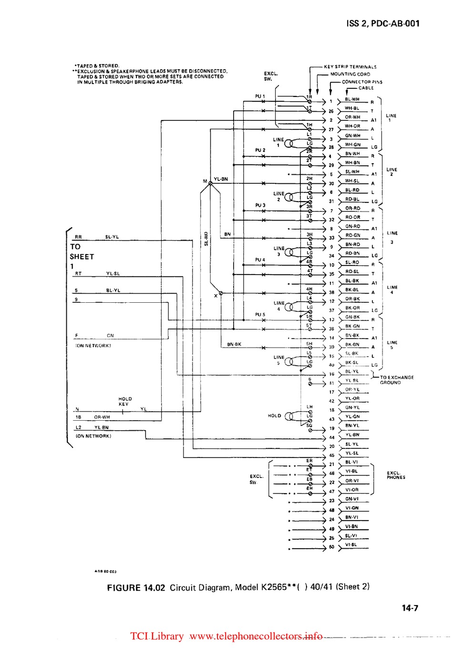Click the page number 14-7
(x=410, y=608)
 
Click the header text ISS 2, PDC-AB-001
(x=383, y=23)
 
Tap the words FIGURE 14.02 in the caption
(x=136, y=587)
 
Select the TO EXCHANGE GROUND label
(x=397, y=380)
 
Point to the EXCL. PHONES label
(x=396, y=475)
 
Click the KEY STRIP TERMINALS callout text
(x=350, y=67)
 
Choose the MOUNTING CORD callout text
(x=350, y=74)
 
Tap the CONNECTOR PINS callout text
(x=362, y=82)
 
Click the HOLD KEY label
(x=125, y=401)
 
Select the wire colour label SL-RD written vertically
(x=206, y=238)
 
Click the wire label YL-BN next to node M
(x=221, y=179)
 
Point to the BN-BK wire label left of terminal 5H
(x=234, y=344)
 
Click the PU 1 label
(x=260, y=96)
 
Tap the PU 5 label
(x=260, y=315)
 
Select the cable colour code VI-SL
(x=351, y=544)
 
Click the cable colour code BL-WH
(x=352, y=99)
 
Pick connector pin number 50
(x=331, y=547)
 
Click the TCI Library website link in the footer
(x=226, y=636)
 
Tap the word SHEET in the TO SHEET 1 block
(x=82, y=256)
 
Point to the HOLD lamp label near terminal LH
(x=274, y=415)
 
